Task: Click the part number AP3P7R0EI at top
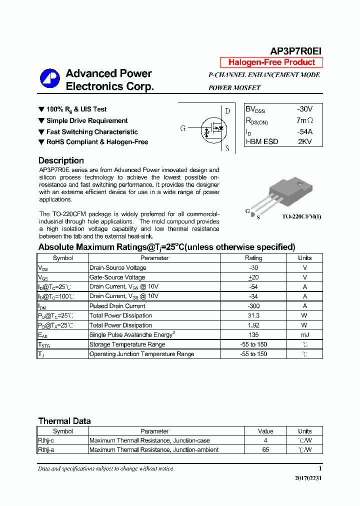coord(296,51)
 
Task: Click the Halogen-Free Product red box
coord(271,62)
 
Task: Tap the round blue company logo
coord(50,79)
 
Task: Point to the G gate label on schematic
coord(183,128)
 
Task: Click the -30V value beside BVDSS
coord(304,109)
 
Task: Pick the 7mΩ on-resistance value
coord(304,120)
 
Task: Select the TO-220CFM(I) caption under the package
coord(301,216)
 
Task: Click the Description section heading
coord(61,160)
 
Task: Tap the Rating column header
coord(253,258)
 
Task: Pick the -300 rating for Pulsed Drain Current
coord(253,306)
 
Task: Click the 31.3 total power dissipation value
coord(253,315)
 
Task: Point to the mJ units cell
coord(304,334)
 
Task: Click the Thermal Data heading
coord(64,421)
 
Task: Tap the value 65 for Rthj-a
coord(265,450)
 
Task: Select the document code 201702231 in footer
coord(308,478)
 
